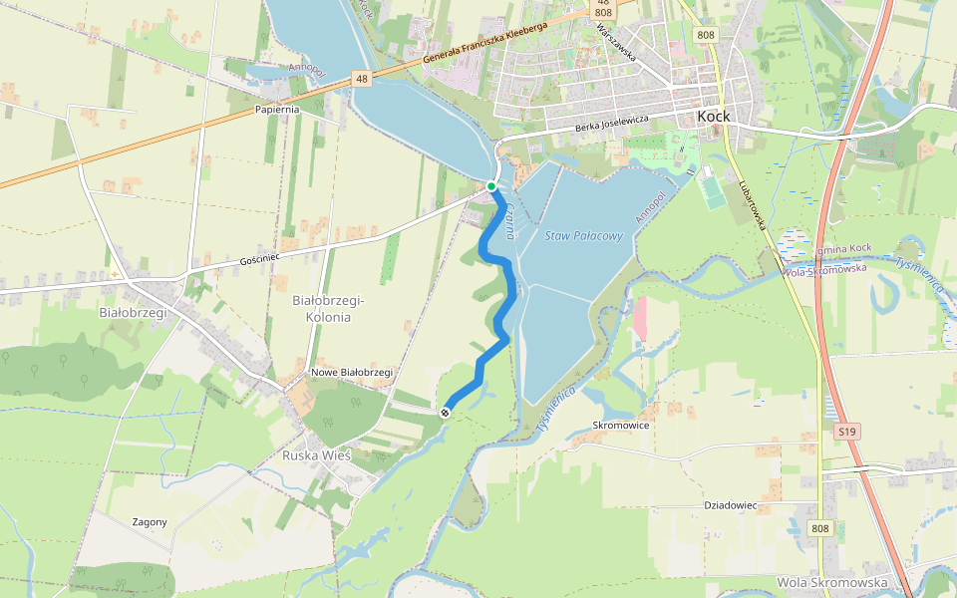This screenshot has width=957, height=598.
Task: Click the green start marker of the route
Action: coord(491,186)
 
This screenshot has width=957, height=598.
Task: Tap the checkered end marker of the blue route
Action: coord(446,412)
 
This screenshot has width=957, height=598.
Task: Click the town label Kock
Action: coord(714,117)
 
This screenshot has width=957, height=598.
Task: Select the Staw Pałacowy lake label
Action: coord(584,236)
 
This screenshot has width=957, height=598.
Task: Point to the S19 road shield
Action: coord(847,432)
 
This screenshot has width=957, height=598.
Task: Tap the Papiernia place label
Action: coord(278,110)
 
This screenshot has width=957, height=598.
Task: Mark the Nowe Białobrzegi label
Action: coord(352,372)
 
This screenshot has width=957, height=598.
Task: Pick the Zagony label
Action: coord(150,522)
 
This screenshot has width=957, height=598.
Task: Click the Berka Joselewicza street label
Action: coord(612,124)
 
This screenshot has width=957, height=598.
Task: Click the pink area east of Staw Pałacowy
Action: coord(639,316)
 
